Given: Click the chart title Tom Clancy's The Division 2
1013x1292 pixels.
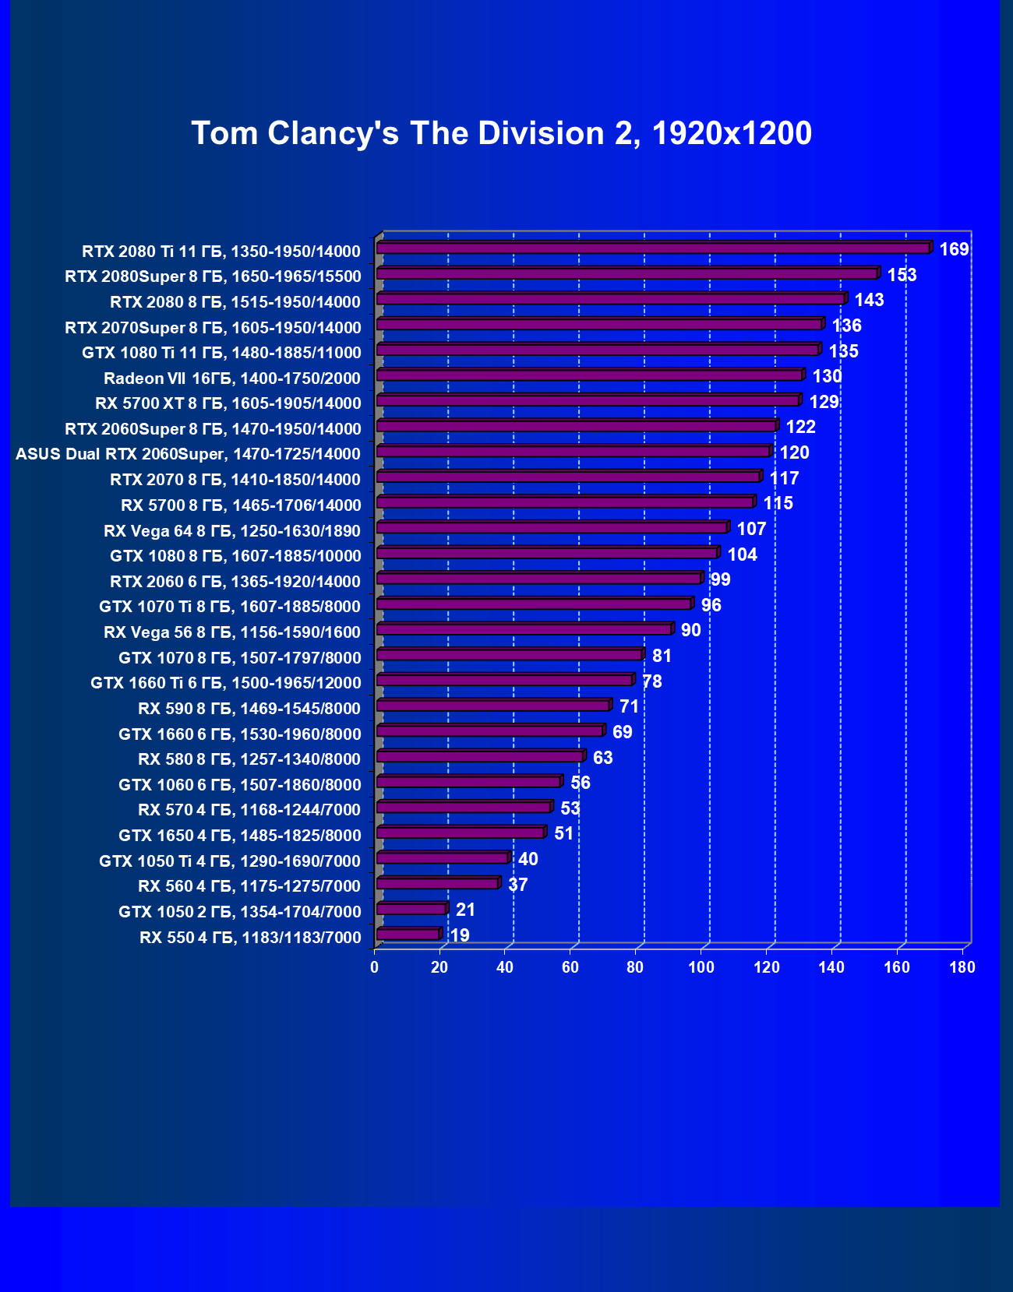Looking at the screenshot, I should click(501, 133).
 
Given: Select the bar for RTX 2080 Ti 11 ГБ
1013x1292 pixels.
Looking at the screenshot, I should click(653, 248).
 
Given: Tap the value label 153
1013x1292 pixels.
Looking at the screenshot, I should click(902, 275).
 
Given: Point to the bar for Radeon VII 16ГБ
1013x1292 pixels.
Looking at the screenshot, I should click(589, 376).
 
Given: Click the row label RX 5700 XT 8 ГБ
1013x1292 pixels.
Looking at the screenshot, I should click(228, 403).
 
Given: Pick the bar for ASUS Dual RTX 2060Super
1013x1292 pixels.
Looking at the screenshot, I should click(573, 452).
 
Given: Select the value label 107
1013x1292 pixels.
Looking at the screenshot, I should click(751, 530).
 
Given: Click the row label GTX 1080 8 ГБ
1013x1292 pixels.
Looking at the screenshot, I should click(235, 556).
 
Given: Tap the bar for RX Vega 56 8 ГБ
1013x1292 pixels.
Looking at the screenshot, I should click(524, 629).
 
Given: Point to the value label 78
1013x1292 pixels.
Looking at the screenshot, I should click(651, 682).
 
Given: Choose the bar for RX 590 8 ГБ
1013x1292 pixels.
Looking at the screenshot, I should click(492, 706).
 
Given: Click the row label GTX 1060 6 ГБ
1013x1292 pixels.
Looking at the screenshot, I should click(240, 785).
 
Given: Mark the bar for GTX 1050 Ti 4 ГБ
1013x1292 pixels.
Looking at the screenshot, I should click(442, 858).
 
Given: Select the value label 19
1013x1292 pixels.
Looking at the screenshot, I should click(460, 935).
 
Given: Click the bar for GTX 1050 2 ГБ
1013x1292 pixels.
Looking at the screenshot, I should click(411, 909).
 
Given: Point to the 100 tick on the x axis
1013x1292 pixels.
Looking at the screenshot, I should click(701, 967).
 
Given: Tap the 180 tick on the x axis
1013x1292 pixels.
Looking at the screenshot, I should click(962, 967).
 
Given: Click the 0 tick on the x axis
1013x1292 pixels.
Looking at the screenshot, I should click(375, 967).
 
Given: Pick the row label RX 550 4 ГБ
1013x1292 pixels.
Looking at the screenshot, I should click(250, 938).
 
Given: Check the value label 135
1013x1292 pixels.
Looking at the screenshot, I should click(843, 351).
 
